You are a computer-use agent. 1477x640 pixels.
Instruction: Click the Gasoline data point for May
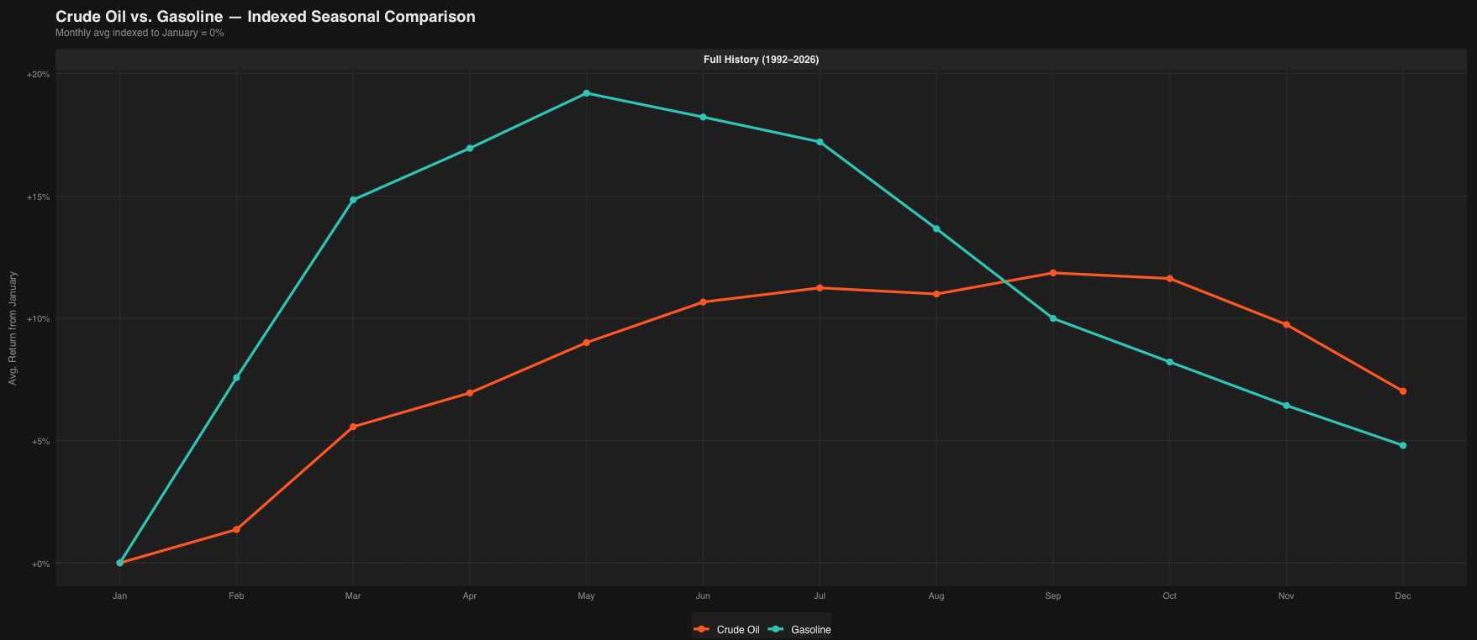click(586, 93)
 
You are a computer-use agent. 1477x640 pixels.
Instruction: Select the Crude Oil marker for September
click(1052, 273)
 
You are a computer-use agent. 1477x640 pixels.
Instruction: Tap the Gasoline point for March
click(353, 200)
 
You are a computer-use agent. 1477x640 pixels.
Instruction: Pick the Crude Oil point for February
click(236, 529)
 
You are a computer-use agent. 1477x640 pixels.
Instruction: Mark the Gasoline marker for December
click(1402, 445)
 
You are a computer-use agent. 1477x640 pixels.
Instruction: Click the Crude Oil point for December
click(1402, 391)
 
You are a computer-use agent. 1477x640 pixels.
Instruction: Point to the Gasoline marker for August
click(936, 228)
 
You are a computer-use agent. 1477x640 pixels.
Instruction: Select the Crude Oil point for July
click(820, 288)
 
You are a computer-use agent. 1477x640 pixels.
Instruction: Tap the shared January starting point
click(119, 563)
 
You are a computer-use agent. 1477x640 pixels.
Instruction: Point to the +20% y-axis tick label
click(39, 75)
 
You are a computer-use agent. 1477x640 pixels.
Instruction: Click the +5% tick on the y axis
click(40, 442)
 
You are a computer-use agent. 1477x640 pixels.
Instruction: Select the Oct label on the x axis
click(1169, 596)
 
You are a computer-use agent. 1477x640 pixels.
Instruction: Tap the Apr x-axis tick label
click(469, 596)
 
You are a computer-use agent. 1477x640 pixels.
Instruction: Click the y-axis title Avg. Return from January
click(13, 328)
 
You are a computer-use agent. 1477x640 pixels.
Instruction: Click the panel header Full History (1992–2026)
click(761, 60)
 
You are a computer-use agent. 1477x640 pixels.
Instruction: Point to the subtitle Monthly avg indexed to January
click(140, 34)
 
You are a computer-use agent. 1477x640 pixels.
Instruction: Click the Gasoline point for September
click(1052, 318)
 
